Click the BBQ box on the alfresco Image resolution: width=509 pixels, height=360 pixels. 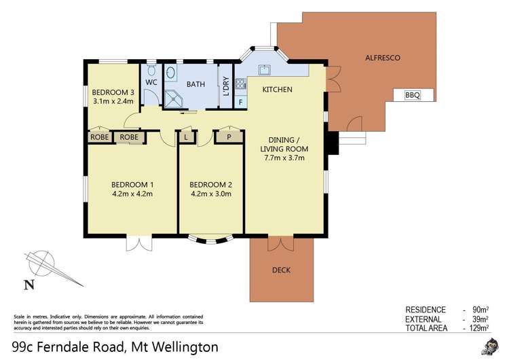[x=413, y=96]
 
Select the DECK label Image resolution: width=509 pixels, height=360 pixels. [x=281, y=270]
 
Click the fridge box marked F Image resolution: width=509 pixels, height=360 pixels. [x=240, y=102]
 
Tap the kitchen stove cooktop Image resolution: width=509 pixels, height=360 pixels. [x=240, y=85]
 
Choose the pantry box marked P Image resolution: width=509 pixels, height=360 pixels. [x=229, y=137]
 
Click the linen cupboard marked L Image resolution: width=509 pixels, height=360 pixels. [x=187, y=137]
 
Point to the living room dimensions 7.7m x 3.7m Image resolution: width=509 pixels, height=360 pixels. [x=284, y=158]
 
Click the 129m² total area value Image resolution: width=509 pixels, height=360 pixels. [x=478, y=327]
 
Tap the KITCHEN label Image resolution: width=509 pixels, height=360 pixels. [x=277, y=90]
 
